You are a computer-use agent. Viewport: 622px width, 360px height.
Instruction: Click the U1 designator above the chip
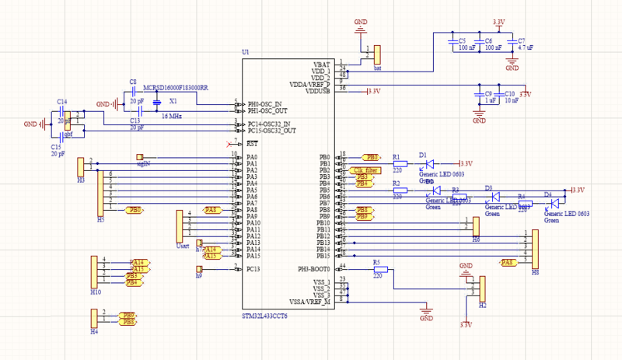coord(246,52)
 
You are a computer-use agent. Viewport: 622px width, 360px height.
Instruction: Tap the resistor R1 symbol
coord(400,164)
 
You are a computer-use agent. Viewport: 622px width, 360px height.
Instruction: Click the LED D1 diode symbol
coord(430,164)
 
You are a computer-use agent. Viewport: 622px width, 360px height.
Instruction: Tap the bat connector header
coord(377,54)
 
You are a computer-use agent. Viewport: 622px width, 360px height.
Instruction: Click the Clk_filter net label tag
coord(365,170)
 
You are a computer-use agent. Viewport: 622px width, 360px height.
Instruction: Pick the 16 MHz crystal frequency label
coord(173,115)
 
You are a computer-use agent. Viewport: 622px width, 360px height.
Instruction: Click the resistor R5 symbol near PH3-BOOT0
coord(379,270)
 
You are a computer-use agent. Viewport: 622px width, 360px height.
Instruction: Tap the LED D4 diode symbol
coord(555,204)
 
